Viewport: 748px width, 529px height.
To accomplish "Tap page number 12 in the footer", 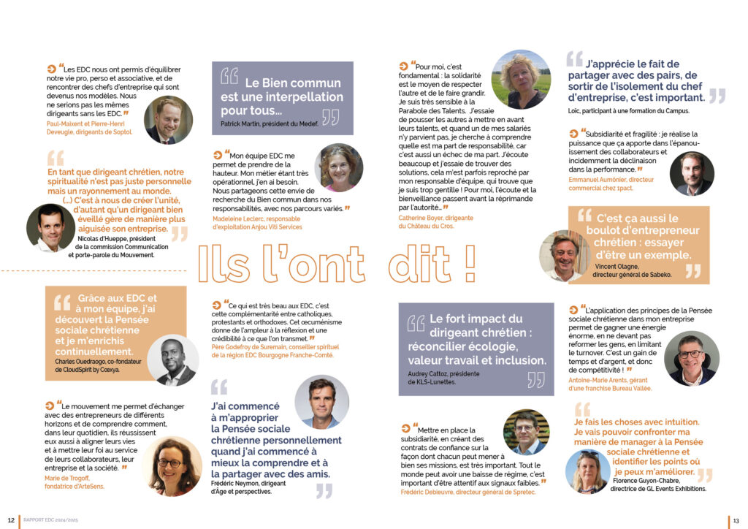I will (12, 520).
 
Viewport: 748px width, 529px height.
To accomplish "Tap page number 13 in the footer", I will (736, 520).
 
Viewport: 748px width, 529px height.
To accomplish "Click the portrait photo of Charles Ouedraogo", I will (172, 361).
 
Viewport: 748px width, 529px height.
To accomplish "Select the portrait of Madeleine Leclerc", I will (339, 168).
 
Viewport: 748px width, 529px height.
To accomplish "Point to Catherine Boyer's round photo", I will (520, 79).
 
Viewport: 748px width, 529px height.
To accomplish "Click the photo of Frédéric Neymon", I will (321, 401).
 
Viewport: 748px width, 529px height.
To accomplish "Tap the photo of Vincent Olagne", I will (565, 256).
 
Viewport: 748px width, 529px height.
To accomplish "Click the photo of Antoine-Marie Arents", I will (691, 357).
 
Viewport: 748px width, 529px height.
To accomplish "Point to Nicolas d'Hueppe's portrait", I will (50, 228).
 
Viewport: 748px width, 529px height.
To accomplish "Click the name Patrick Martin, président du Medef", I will (269, 124).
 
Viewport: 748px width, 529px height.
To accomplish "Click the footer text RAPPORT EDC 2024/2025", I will (52, 520).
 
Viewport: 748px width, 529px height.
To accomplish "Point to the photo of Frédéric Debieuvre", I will (526, 432).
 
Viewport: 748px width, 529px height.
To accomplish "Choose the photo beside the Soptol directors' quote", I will (167, 120).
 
